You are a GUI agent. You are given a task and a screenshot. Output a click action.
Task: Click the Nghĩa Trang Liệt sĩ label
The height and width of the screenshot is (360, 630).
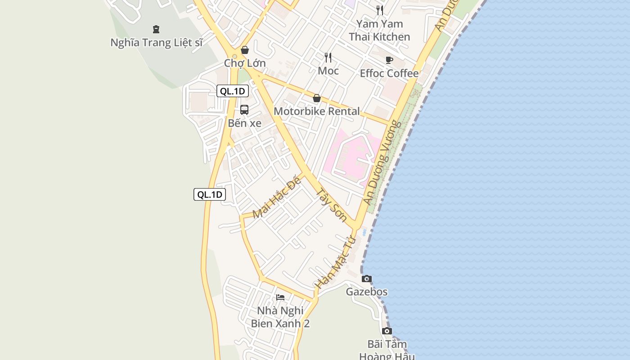pyautogui.click(x=157, y=43)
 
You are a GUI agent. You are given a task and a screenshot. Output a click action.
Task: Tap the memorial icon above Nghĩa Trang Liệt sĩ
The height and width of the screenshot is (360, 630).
pyautogui.click(x=156, y=29)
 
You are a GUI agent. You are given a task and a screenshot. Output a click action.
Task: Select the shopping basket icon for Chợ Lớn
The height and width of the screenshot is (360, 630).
pyautogui.click(x=245, y=50)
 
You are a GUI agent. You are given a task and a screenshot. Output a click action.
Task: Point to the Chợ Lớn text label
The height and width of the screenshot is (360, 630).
pyautogui.click(x=245, y=63)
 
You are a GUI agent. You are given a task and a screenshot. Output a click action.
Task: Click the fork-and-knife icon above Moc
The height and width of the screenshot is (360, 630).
pyautogui.click(x=328, y=57)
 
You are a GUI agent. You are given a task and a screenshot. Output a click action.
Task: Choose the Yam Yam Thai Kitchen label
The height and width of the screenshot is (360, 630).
pyautogui.click(x=379, y=30)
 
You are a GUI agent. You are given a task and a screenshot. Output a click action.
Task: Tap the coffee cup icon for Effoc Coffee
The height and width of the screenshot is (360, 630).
pyautogui.click(x=389, y=60)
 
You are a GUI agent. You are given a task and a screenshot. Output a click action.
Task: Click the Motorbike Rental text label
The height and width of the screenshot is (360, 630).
pyautogui.click(x=317, y=111)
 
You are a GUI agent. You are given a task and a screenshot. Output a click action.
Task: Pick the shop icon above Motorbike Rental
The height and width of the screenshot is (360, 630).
pyautogui.click(x=317, y=98)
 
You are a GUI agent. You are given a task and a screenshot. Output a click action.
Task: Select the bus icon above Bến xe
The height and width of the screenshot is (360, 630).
pyautogui.click(x=244, y=109)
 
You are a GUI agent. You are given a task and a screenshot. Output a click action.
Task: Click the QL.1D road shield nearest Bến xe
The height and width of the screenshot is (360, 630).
pyautogui.click(x=232, y=91)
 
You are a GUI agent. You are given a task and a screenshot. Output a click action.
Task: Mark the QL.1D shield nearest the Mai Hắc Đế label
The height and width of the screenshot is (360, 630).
pyautogui.click(x=210, y=194)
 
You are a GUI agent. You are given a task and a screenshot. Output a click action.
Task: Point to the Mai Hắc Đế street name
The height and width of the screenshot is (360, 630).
pyautogui.click(x=276, y=198)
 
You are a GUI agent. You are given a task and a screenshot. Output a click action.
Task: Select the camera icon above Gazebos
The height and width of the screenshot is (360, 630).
pyautogui.click(x=367, y=279)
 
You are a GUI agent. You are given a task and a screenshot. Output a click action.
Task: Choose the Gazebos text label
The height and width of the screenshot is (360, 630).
pyautogui.click(x=366, y=292)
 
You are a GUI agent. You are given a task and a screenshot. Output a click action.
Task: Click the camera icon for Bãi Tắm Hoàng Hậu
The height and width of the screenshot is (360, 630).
pyautogui.click(x=387, y=331)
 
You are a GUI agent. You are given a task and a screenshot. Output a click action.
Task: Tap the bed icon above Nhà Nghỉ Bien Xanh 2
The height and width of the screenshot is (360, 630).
pyautogui.click(x=280, y=297)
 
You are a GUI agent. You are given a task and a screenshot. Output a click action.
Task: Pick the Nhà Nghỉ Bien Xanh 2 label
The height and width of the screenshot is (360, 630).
pyautogui.click(x=280, y=317)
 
